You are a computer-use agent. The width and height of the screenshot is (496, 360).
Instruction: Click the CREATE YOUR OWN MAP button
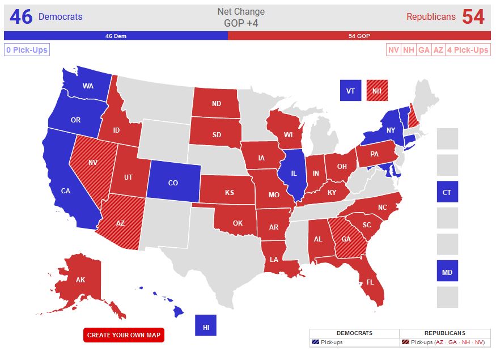(x=124, y=335)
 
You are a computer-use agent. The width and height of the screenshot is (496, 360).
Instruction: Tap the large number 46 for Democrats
(x=21, y=17)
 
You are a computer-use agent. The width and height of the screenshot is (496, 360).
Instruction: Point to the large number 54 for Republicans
(x=473, y=17)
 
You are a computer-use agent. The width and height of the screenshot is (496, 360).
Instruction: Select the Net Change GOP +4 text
(x=241, y=17)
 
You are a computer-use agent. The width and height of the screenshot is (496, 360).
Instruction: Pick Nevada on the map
(x=92, y=162)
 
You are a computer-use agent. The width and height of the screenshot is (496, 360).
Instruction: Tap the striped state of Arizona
(x=120, y=223)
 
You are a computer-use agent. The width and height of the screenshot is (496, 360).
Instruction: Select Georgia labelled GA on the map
(x=346, y=239)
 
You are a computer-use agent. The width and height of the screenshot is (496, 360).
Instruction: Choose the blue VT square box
(x=350, y=90)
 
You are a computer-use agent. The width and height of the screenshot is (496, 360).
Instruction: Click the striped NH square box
(x=378, y=90)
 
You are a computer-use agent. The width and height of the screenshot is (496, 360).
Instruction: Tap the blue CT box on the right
(x=447, y=192)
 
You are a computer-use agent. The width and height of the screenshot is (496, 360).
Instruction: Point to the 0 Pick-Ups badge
(x=27, y=50)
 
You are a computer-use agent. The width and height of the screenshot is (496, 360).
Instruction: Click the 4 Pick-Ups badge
(x=467, y=50)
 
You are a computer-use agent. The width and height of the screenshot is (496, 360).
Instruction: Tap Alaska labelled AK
(x=80, y=279)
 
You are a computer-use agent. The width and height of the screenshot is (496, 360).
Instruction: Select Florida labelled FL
(x=370, y=282)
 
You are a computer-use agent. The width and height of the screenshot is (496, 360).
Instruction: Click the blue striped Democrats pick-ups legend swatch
(x=315, y=342)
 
